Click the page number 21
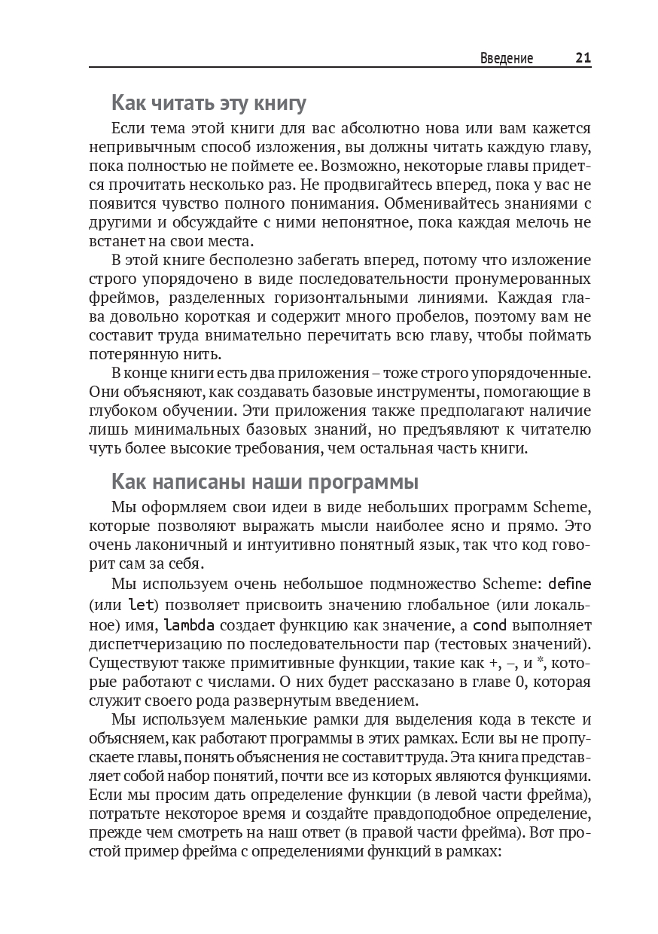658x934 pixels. [x=583, y=58]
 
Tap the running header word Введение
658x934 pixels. [x=507, y=59]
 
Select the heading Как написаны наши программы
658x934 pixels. [x=264, y=481]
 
